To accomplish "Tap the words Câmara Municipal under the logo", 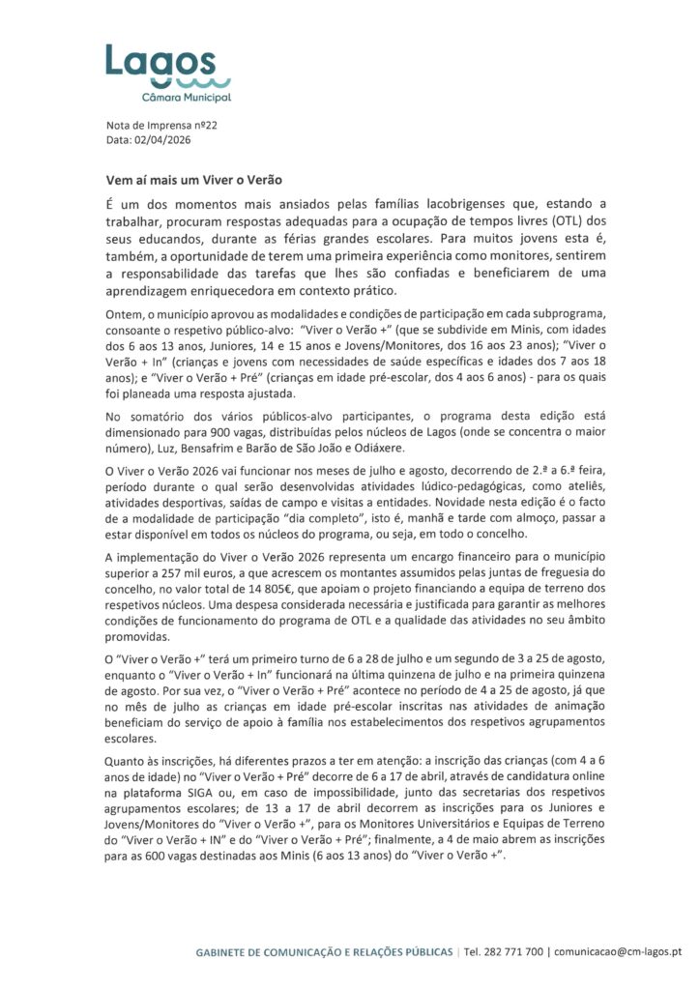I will [186, 98].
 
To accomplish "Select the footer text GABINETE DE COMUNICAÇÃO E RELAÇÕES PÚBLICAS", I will [324, 951].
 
